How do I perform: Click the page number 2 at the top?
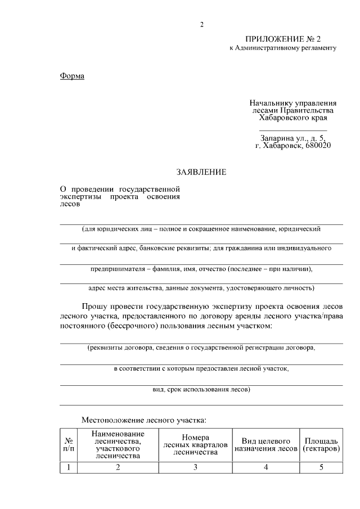pyautogui.click(x=201, y=24)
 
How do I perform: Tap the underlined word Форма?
pyautogui.click(x=72, y=76)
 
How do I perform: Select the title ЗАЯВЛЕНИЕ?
pyautogui.click(x=201, y=172)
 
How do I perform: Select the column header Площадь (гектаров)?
pyautogui.click(x=321, y=445)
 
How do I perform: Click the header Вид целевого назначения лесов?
pyautogui.click(x=265, y=445)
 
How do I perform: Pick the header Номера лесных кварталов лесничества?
pyautogui.click(x=195, y=445)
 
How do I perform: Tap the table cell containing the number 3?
pyautogui.click(x=195, y=467)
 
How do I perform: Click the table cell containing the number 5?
pyautogui.click(x=321, y=467)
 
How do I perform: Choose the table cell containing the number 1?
pyautogui.click(x=68, y=467)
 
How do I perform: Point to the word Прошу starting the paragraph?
pyautogui.click(x=96, y=307)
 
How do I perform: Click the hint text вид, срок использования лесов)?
pyautogui.click(x=201, y=389)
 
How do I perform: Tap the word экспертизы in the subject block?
pyautogui.click(x=82, y=197)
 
